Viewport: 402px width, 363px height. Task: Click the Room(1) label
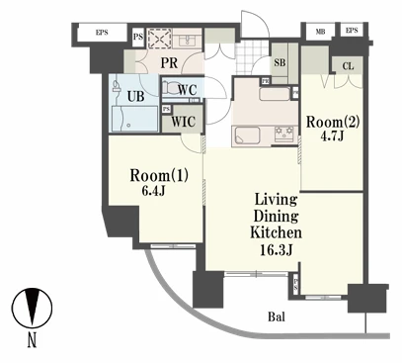[159, 175]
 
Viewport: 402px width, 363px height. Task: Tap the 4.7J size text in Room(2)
[333, 136]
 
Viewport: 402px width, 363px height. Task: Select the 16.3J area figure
[276, 250]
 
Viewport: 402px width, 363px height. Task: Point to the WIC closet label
[183, 122]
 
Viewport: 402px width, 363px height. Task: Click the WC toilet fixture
[170, 87]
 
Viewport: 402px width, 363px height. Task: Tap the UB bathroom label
[135, 96]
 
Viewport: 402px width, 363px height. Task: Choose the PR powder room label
[169, 62]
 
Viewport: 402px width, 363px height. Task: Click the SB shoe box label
[280, 62]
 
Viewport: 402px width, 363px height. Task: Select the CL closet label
[348, 66]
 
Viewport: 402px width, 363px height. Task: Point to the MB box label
[320, 32]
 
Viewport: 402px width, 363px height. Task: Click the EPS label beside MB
[352, 31]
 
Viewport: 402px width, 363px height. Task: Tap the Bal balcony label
[277, 317]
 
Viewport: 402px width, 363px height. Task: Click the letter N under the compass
[32, 340]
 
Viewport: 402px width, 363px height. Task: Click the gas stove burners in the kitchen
[284, 134]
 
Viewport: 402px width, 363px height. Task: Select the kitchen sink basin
[246, 136]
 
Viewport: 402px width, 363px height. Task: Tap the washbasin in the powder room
[187, 41]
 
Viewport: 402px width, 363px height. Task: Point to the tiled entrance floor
[252, 57]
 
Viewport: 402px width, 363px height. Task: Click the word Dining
[276, 217]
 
